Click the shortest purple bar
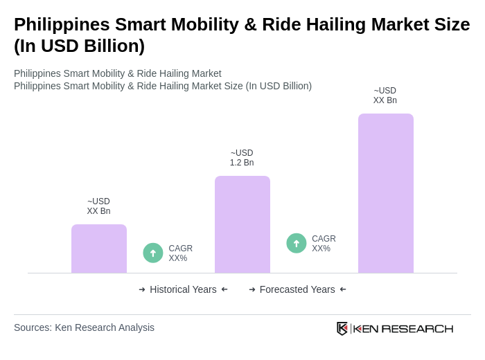(x=99, y=249)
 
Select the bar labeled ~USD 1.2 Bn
(x=242, y=224)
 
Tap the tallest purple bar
(x=386, y=193)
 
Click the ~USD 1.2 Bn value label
(x=242, y=158)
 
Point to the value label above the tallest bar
(x=385, y=96)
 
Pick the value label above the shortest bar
(x=98, y=206)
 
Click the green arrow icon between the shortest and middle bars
(x=153, y=253)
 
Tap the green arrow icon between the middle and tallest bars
(x=297, y=243)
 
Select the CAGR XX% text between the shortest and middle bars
(x=180, y=253)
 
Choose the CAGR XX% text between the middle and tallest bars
(x=324, y=244)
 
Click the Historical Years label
(x=183, y=289)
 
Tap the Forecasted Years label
(x=297, y=289)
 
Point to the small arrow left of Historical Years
(x=142, y=289)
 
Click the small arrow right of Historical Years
(x=224, y=289)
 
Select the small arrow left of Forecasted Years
(x=252, y=289)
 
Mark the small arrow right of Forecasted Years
(x=343, y=289)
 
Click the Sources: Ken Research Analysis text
(x=84, y=327)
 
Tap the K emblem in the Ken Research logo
(x=342, y=328)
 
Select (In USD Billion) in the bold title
(x=79, y=46)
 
